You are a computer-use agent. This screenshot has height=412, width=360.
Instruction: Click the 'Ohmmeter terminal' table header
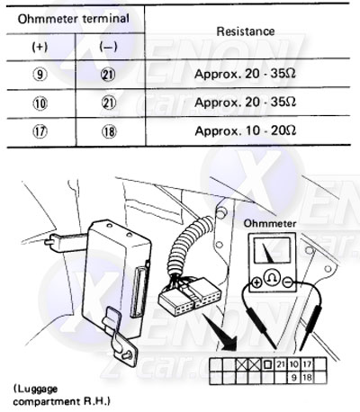point(74,19)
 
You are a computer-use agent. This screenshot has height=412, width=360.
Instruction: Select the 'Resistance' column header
point(246,31)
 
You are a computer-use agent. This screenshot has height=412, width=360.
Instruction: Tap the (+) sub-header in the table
point(40,47)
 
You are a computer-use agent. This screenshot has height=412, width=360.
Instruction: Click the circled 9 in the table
point(40,74)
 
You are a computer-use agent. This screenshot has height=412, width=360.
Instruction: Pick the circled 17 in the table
point(40,131)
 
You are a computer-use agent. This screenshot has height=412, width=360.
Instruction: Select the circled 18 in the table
point(109,131)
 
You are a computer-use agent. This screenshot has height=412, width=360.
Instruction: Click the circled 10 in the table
point(40,103)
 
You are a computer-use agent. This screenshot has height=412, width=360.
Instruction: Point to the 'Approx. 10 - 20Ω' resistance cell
point(246,130)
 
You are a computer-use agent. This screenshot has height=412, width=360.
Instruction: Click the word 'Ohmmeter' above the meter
point(270,223)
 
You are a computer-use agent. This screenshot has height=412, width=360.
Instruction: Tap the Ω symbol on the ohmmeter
point(272,277)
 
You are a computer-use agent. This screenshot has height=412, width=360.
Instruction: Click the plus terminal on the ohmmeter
point(256,282)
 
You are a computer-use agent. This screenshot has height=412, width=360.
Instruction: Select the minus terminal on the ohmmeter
point(288,282)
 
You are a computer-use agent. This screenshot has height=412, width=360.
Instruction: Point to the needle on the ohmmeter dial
point(269,254)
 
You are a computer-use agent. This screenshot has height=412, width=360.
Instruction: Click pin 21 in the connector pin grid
point(280,364)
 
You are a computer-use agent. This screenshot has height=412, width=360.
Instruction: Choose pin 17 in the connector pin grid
point(307,364)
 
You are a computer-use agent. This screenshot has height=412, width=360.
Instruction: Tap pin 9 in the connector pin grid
point(293,378)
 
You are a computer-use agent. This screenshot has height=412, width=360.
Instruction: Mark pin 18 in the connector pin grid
point(307,378)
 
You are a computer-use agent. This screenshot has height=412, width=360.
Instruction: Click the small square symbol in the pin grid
point(267,364)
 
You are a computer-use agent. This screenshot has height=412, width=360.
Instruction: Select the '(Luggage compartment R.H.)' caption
point(61,395)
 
